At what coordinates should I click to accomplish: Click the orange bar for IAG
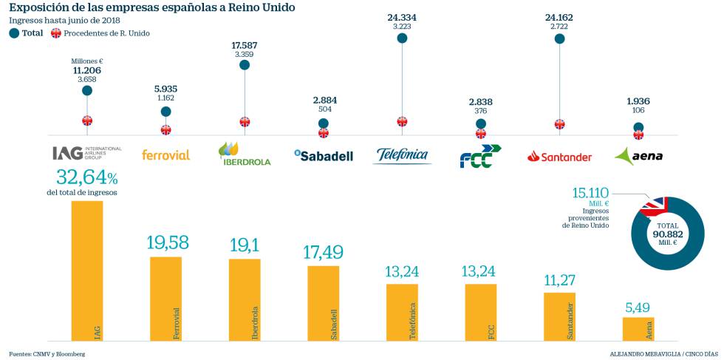pyautogui.click(x=87, y=271)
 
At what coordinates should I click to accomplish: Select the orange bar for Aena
pyautogui.click(x=638, y=329)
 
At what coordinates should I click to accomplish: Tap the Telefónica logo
pyautogui.click(x=402, y=155)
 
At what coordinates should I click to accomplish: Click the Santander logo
pyautogui.click(x=559, y=157)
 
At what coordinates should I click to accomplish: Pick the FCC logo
pyautogui.click(x=479, y=156)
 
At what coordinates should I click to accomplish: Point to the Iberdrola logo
pyautogui.click(x=245, y=154)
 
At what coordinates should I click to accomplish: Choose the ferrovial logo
pyautogui.click(x=165, y=155)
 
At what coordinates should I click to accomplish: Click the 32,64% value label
pyautogui.click(x=86, y=178)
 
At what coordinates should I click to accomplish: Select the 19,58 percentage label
pyautogui.click(x=165, y=243)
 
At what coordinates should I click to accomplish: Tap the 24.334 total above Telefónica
pyautogui.click(x=402, y=17)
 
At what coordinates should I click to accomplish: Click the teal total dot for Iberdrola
pyautogui.click(x=245, y=65)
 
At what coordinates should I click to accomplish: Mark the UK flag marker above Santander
pyautogui.click(x=559, y=124)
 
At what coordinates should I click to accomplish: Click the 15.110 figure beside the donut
pyautogui.click(x=591, y=192)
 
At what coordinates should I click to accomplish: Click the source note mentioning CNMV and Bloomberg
pyautogui.click(x=47, y=354)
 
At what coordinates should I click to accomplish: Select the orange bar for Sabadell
pyautogui.click(x=324, y=303)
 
